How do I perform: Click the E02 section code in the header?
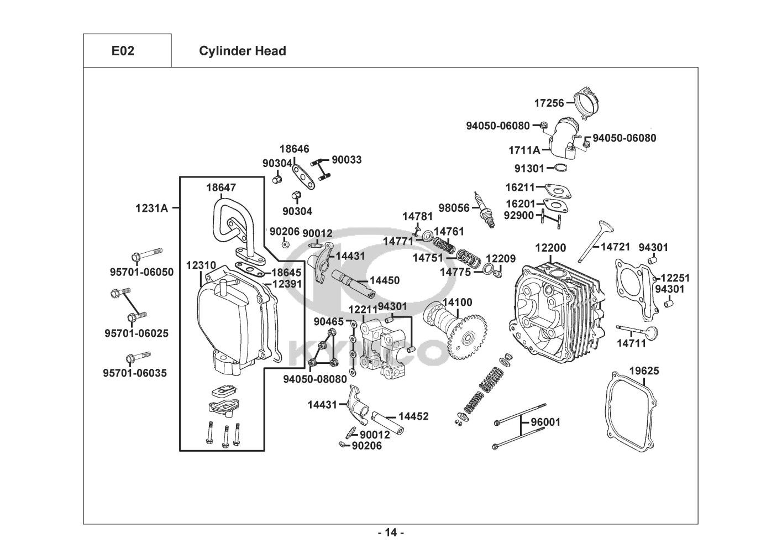point(123,51)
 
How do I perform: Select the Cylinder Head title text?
point(242,51)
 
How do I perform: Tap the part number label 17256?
point(549,103)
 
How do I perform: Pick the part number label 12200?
point(550,248)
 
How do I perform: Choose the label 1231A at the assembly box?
point(151,208)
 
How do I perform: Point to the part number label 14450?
point(384,280)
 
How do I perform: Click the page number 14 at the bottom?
point(391,533)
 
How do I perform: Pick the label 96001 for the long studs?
point(545,422)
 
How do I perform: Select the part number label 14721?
point(616,247)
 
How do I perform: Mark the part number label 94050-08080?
point(315,379)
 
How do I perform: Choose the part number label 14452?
point(413,416)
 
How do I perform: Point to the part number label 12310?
point(201,265)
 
